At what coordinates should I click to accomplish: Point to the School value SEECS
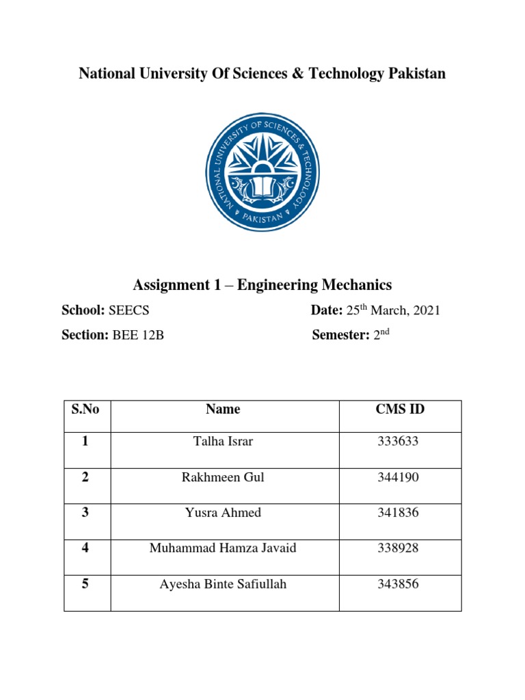click(x=129, y=310)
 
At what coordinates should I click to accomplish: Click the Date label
click(x=326, y=310)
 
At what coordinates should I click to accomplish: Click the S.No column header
click(x=85, y=409)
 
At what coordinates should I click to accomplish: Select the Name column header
click(x=223, y=409)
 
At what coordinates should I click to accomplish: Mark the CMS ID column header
click(x=400, y=409)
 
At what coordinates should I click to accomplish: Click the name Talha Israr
click(x=223, y=442)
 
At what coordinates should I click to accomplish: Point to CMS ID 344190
click(x=398, y=477)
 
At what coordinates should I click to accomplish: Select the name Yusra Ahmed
click(x=223, y=513)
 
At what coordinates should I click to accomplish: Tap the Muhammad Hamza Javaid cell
click(x=223, y=548)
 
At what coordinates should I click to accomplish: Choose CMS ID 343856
click(x=398, y=584)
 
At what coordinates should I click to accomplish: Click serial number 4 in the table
click(x=85, y=548)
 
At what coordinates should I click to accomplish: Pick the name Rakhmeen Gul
click(x=223, y=477)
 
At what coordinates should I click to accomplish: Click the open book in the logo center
click(x=262, y=186)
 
